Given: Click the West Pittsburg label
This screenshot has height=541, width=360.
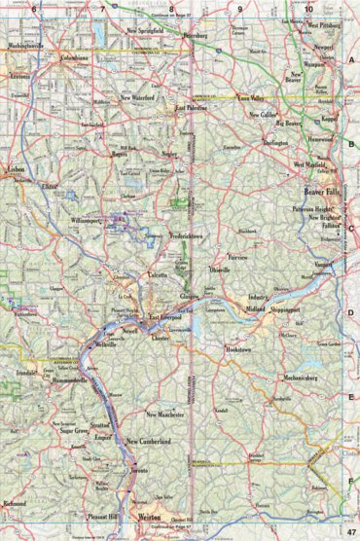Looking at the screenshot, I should click(326, 16).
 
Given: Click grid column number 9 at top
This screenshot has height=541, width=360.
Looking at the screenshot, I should click(239, 8).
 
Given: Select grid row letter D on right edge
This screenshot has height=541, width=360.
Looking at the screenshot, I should click(350, 312).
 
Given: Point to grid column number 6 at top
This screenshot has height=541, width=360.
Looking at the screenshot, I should click(33, 8).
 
